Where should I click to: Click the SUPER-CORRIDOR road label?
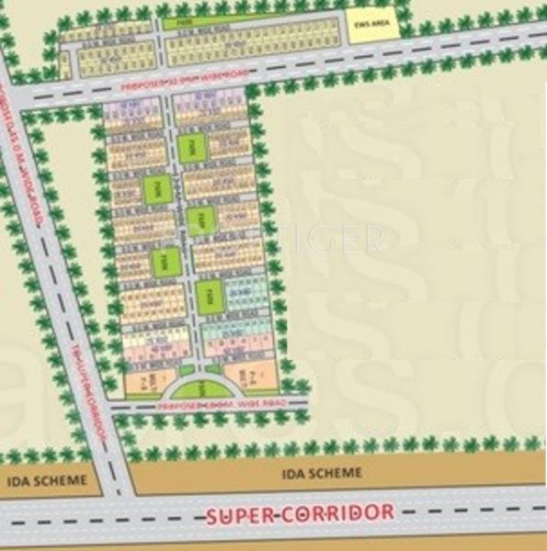click(x=301, y=512)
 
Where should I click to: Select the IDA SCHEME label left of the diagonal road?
click(x=46, y=479)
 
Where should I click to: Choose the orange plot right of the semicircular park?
click(x=243, y=375)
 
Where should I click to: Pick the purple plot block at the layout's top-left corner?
click(x=125, y=111)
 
